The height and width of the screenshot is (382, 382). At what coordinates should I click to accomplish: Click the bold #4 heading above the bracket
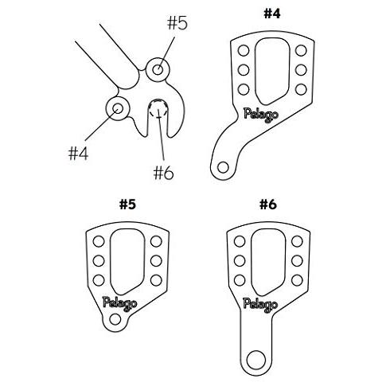pyautogui.click(x=272, y=14)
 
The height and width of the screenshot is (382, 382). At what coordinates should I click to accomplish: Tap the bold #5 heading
pyautogui.click(x=128, y=205)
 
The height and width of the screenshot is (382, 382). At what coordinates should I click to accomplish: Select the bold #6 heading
pyautogui.click(x=268, y=205)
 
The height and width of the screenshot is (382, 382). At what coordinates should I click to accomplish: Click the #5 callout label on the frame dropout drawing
pyautogui.click(x=177, y=23)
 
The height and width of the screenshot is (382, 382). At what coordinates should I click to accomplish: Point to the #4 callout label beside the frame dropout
pyautogui.click(x=78, y=154)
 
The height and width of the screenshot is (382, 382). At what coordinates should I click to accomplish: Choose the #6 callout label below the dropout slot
pyautogui.click(x=164, y=173)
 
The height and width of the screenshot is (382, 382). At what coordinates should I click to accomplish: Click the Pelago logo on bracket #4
pyautogui.click(x=261, y=115)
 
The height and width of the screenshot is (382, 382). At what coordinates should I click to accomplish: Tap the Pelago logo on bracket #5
pyautogui.click(x=120, y=303)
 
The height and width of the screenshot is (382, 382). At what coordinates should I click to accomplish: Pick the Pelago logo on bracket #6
pyautogui.click(x=260, y=304)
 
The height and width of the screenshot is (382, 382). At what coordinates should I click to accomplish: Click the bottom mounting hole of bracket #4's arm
pyautogui.click(x=223, y=167)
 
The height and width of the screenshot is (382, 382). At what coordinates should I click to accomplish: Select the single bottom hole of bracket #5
pyautogui.click(x=115, y=319)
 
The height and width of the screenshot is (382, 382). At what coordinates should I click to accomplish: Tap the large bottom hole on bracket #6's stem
pyautogui.click(x=256, y=360)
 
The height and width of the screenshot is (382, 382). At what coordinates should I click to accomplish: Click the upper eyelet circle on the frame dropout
pyautogui.click(x=158, y=70)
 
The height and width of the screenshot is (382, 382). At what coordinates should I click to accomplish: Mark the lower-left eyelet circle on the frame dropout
pyautogui.click(x=118, y=108)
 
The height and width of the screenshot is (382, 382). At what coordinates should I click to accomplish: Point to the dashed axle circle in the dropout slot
pyautogui.click(x=158, y=109)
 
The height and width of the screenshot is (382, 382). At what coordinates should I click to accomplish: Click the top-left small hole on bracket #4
pyautogui.click(x=244, y=50)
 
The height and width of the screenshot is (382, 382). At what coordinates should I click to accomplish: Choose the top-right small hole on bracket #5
pyautogui.click(x=156, y=241)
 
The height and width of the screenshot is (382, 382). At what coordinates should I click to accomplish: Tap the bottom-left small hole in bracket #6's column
pyautogui.click(x=240, y=280)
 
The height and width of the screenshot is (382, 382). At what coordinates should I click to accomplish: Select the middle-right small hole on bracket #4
pyautogui.click(x=301, y=70)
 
